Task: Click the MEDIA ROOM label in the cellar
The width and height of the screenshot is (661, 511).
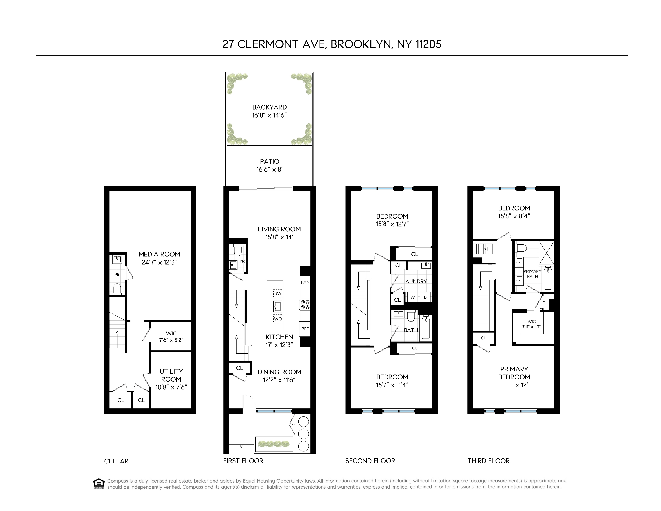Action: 159,254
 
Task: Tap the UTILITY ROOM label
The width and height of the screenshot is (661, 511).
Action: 171,375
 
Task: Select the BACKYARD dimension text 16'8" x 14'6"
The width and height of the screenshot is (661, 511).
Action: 269,115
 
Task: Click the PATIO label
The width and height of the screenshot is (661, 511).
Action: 269,162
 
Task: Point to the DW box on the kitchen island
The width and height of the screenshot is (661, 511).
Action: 278,294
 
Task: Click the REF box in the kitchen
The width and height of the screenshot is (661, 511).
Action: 305,329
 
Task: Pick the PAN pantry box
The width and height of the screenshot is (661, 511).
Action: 305,282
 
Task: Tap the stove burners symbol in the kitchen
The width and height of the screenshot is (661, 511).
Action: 305,304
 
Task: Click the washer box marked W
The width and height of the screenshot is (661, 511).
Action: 412,297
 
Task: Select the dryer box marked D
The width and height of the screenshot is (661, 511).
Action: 425,297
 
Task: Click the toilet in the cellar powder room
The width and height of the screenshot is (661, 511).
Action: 117,289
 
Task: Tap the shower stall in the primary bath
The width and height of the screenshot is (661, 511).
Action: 547,254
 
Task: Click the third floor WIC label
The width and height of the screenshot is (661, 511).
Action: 531,322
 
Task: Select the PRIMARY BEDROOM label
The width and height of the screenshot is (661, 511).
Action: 514,373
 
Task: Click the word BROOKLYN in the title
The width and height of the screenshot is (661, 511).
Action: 360,44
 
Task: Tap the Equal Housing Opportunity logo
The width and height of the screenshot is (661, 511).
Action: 99,484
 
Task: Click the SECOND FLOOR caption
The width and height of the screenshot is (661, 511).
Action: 370,461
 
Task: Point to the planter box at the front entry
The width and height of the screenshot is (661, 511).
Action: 274,444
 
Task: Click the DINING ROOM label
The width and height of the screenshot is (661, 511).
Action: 279,372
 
